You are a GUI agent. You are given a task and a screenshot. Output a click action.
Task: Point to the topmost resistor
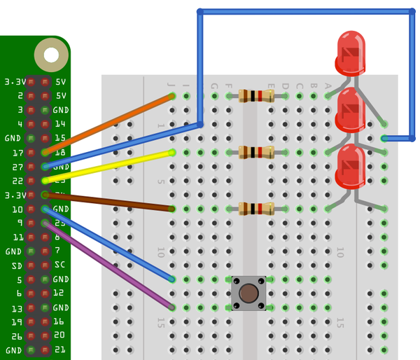[x=256, y=96]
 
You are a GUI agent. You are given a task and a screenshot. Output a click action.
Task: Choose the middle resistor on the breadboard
[x=256, y=152]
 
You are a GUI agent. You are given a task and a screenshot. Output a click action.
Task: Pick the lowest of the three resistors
[x=256, y=208]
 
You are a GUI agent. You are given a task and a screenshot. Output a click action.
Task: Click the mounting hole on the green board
[x=51, y=54]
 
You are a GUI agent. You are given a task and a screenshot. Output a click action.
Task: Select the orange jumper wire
[x=108, y=123]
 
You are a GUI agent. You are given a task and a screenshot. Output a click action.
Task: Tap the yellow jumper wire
[x=108, y=166]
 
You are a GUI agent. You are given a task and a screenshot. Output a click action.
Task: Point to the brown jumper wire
[x=108, y=201]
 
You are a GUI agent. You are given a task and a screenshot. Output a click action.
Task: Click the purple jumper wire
[x=108, y=265]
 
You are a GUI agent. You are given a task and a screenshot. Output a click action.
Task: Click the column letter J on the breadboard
[x=171, y=85]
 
